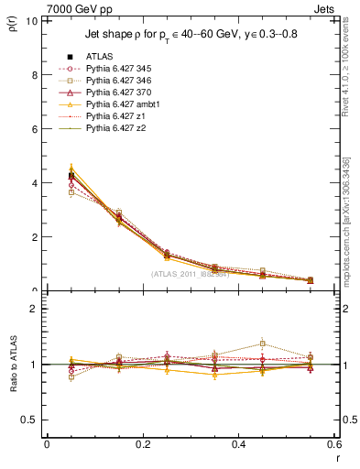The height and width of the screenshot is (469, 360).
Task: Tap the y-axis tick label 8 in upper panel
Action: [34, 75]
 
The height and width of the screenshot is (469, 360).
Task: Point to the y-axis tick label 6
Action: [34, 129]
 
